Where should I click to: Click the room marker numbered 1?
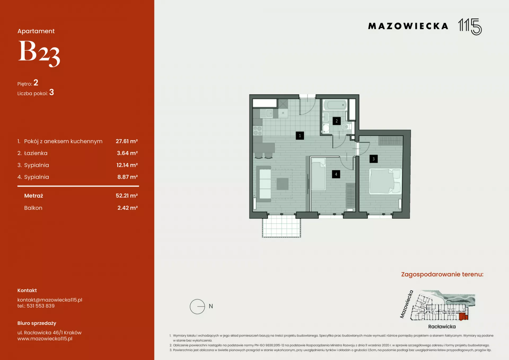click(300, 136)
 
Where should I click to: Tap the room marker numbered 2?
click(337, 121)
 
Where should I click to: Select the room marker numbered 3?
click(374, 159)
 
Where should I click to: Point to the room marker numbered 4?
click(336, 174)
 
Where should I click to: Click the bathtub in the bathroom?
click(335, 105)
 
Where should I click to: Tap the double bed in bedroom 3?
click(385, 181)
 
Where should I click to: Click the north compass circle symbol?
click(197, 306)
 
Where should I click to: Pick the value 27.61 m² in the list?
click(127, 141)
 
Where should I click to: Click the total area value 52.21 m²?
click(127, 196)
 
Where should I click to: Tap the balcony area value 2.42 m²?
click(128, 208)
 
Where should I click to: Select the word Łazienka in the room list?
click(36, 153)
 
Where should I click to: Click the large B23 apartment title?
click(39, 53)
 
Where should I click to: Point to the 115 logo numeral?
click(470, 27)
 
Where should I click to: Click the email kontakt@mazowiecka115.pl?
click(50, 300)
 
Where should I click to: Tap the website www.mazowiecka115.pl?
click(45, 339)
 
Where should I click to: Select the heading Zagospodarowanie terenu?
click(442, 274)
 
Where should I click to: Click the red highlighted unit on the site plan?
click(463, 316)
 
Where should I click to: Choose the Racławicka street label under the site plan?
click(442, 327)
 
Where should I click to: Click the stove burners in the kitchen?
click(257, 131)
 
